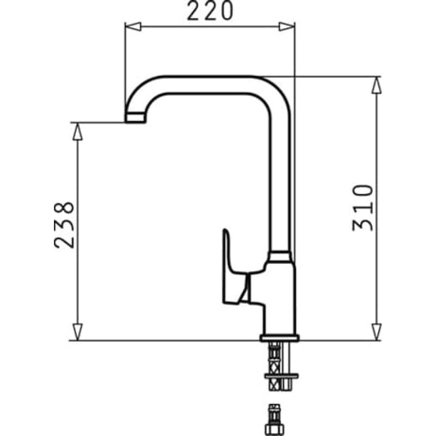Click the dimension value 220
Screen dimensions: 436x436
[210, 11]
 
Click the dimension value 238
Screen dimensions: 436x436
[64, 225]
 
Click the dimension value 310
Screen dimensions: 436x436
[362, 208]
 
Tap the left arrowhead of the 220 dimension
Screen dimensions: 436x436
[133, 27]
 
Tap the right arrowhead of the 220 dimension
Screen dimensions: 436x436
[287, 27]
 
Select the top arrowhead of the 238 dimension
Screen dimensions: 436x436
[77, 131]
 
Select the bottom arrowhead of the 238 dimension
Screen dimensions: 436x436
[77, 332]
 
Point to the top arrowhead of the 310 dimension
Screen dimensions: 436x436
[377, 85]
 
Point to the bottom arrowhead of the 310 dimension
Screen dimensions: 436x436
[377, 332]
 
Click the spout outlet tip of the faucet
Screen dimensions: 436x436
[135, 117]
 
